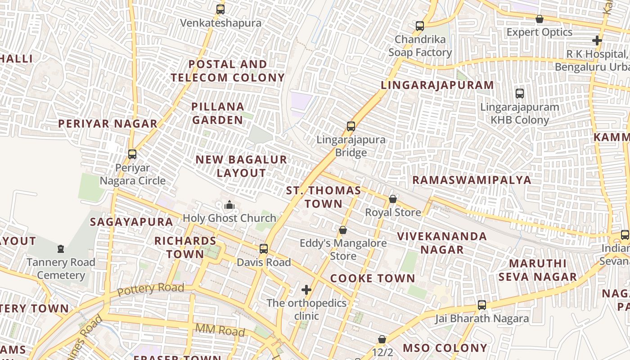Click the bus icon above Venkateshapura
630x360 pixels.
pos(220,9)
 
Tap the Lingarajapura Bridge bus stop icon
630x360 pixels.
pos(351,126)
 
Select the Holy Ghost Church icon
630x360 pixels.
pos(229,205)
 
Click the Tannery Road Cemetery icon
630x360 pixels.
pos(61,249)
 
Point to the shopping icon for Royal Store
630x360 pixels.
pos(393,199)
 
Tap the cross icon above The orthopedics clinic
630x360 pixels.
pos(306,289)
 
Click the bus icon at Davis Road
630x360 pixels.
pos(264,249)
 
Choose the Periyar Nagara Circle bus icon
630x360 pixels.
pos(132,154)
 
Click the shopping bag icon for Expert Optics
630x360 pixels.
pos(539,19)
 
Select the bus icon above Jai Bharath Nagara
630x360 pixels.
pos(481,305)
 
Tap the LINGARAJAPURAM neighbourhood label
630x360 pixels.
pos(437,85)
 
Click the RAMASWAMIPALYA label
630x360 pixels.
pos(472,180)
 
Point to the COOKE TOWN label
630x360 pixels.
pos(373,279)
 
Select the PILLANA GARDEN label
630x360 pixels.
pos(218,113)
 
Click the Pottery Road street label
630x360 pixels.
pos(150,289)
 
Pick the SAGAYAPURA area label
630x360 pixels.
pos(131,222)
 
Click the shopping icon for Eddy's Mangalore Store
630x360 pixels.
pos(343,230)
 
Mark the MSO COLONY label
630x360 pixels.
pos(445,348)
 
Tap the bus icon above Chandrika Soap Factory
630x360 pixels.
pos(420,26)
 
